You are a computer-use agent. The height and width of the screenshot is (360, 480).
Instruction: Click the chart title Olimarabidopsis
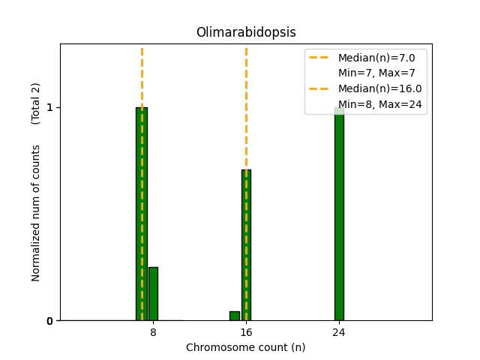(x=246, y=32)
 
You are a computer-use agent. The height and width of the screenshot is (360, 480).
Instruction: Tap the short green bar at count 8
(x=153, y=294)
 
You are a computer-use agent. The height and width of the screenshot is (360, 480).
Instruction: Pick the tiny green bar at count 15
(x=235, y=316)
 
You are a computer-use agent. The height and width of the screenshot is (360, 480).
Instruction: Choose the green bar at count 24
(x=339, y=217)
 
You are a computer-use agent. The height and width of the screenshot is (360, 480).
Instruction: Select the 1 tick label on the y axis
(x=49, y=107)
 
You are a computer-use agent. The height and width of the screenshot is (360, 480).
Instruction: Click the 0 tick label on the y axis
(x=49, y=321)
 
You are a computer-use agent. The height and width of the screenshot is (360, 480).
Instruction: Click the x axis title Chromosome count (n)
(x=246, y=347)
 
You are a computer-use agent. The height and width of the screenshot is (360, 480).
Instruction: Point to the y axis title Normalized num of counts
(x=36, y=214)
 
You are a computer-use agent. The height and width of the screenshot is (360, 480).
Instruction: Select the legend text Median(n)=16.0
(x=379, y=88)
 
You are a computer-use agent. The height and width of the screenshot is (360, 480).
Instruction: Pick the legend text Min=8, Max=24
(x=382, y=104)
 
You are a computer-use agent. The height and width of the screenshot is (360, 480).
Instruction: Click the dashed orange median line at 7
(x=142, y=75)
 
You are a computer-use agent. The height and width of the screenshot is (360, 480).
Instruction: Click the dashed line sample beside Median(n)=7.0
(x=319, y=57)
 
